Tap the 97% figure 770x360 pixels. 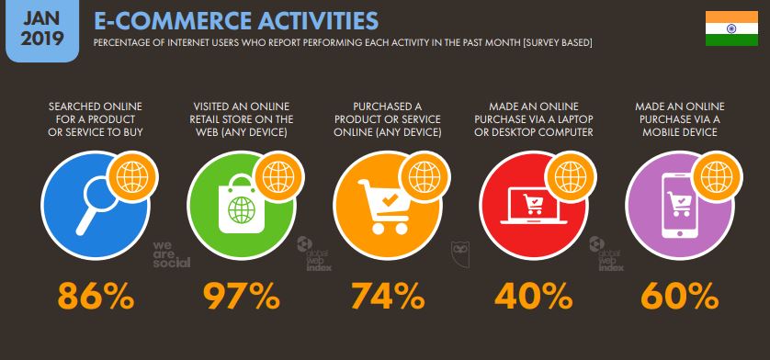pos(240,298)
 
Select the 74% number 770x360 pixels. pos(387,298)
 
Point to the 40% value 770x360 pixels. pos(532,298)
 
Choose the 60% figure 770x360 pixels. pos(678,298)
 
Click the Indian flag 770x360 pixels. pos(731,29)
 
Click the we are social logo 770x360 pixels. pos(171,253)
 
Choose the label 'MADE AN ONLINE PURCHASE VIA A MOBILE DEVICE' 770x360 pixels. pos(678,119)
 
